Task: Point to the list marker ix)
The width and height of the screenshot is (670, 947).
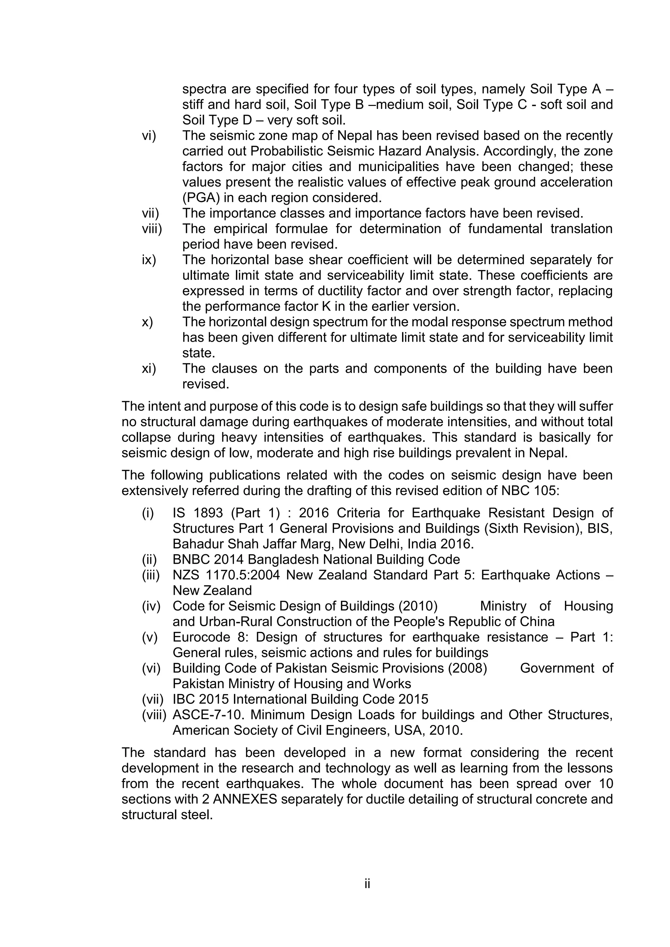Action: [149, 260]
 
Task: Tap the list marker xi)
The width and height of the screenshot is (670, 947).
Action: [149, 368]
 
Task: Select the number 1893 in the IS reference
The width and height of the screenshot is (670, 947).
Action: [208, 513]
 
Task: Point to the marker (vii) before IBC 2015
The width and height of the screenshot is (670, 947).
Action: [153, 699]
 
